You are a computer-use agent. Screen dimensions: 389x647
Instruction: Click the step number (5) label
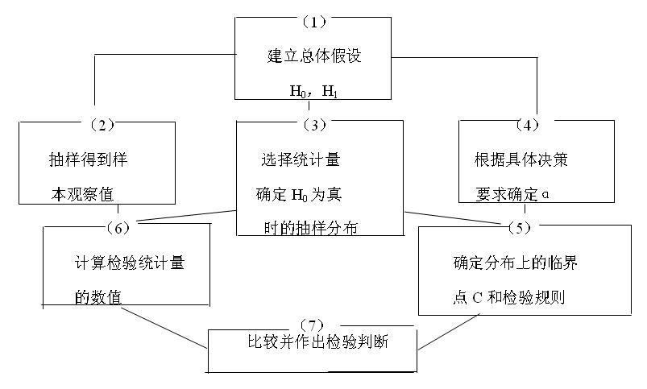tap(519, 227)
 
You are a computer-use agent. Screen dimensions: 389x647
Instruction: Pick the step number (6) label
tap(118, 227)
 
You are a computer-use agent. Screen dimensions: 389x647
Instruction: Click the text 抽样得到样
tap(89, 159)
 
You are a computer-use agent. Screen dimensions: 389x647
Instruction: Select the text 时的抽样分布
tap(309, 228)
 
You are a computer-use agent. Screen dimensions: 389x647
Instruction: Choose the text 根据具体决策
tap(521, 159)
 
